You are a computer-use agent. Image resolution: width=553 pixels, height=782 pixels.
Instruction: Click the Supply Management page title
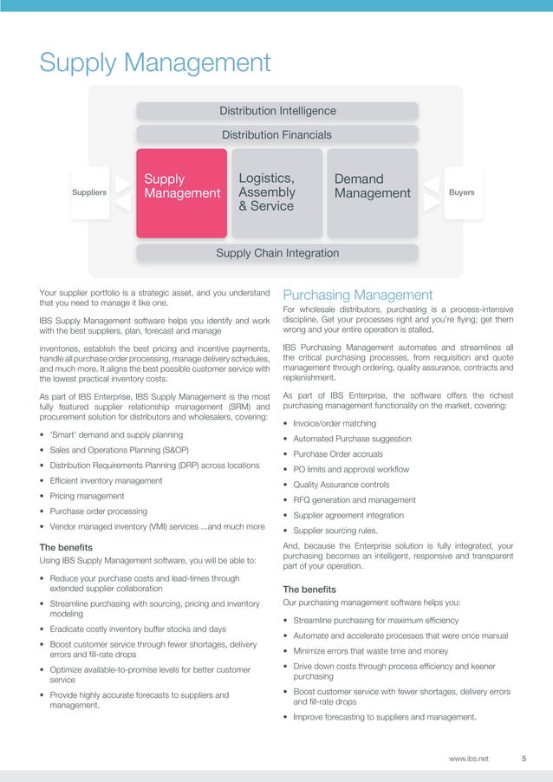tap(156, 62)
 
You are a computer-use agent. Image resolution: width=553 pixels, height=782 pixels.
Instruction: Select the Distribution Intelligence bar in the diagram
tap(277, 111)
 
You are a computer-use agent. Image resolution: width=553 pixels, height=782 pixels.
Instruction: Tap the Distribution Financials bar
tap(277, 134)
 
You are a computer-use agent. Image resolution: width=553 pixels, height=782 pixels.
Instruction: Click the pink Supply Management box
tap(180, 192)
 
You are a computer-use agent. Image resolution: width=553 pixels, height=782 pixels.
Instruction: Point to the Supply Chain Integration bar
tap(277, 253)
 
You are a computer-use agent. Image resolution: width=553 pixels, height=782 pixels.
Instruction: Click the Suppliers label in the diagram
tap(88, 192)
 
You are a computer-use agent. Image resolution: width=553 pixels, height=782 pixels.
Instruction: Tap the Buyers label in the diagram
tap(462, 192)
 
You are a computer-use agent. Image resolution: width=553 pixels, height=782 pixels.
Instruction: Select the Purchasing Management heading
tap(358, 296)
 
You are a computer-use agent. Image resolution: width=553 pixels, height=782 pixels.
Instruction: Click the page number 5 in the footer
tap(524, 759)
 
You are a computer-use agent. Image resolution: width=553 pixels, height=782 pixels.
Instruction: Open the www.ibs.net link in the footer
tap(469, 759)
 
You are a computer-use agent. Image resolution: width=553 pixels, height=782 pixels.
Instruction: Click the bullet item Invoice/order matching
tap(334, 423)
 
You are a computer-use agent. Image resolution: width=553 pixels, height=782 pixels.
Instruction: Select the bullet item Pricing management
tap(87, 496)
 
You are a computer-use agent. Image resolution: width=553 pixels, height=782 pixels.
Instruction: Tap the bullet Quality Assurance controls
tap(341, 485)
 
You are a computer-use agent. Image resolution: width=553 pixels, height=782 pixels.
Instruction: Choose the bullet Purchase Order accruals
tap(338, 454)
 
